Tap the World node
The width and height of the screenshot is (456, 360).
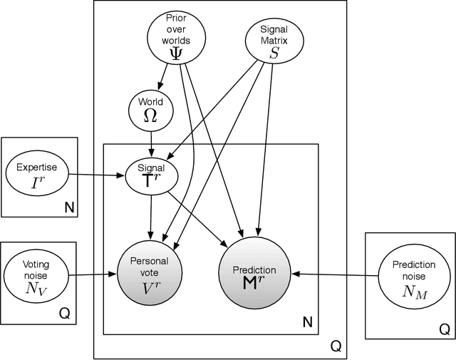tap(151, 110)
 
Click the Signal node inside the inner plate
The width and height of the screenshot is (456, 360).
tap(150, 174)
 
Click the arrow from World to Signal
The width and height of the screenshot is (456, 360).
tap(151, 142)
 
